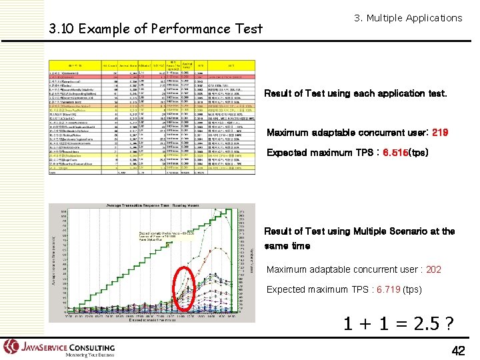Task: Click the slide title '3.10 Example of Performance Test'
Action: [x=156, y=29]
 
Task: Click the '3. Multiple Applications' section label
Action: [x=408, y=18]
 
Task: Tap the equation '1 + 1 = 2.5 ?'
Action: [x=399, y=325]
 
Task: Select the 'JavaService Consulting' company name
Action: [x=68, y=347]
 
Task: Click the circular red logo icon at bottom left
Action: [x=11, y=347]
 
